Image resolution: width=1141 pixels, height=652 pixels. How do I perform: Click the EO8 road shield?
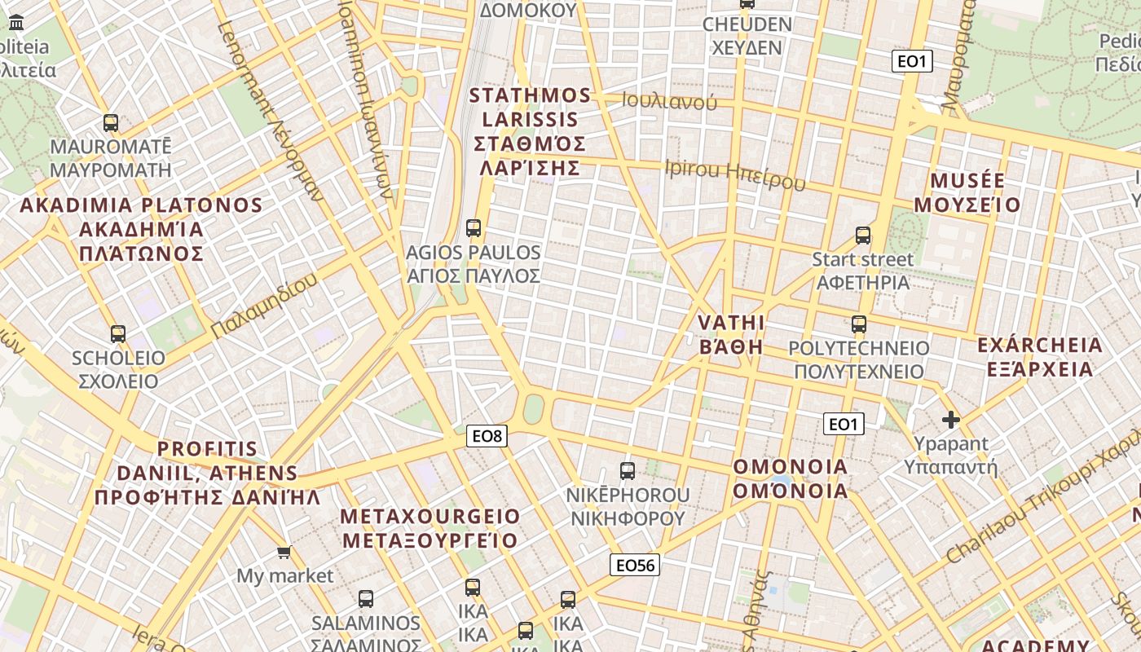click(487, 436)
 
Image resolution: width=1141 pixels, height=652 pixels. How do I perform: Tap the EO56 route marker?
click(635, 565)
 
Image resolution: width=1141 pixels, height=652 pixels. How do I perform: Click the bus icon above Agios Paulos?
click(474, 228)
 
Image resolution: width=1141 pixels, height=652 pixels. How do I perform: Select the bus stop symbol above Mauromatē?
click(111, 123)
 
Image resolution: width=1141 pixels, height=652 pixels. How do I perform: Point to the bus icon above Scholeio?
click(118, 333)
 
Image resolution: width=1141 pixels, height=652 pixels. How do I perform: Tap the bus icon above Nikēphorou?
click(628, 470)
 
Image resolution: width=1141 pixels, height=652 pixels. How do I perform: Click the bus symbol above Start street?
click(863, 236)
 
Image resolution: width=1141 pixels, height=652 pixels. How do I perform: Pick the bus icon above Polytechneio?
click(858, 324)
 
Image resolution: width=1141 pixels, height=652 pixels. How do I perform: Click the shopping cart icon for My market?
click(284, 553)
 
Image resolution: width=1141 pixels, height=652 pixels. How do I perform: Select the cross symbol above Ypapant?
click(950, 420)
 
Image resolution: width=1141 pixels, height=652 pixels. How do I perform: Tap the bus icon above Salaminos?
click(366, 599)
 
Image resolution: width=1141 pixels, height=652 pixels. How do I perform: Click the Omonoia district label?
click(791, 479)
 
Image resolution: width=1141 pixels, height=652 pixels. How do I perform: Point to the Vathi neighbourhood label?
click(731, 334)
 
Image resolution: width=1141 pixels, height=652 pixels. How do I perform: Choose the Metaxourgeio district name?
click(430, 528)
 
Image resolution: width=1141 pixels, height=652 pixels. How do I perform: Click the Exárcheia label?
click(1039, 357)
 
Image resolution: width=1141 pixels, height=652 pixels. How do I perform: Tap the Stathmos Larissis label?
click(530, 131)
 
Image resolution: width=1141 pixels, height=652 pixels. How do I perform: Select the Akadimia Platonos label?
click(141, 229)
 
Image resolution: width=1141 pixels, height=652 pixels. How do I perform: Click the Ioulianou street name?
click(669, 101)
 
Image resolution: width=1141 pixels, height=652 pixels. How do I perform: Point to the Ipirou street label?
click(735, 174)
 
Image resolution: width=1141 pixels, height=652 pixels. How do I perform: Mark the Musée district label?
click(967, 192)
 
